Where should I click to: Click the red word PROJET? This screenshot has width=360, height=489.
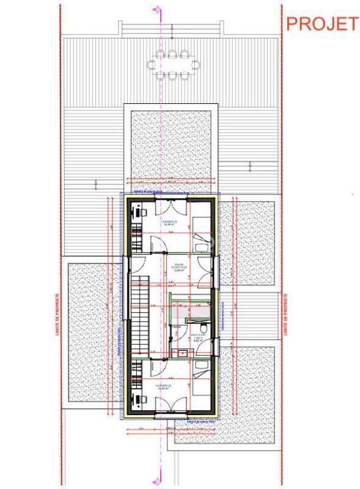pos(321,24)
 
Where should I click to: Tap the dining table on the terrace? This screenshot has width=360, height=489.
pos(173,64)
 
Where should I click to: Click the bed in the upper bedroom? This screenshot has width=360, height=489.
pos(201,227)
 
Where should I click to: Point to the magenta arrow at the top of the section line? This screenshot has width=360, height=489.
pos(156,9)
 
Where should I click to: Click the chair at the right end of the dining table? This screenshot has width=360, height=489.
pos(196,64)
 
